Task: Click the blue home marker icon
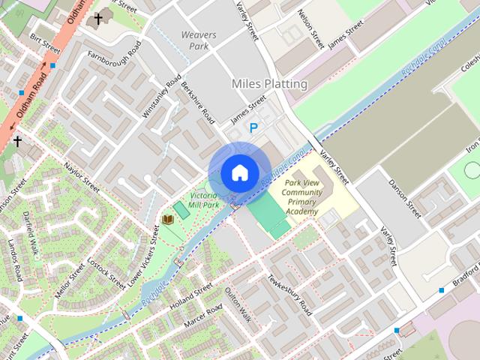click(239, 172)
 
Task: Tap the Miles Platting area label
click(269, 84)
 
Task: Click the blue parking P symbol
click(253, 128)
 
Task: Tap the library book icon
click(168, 219)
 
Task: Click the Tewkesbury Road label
click(289, 295)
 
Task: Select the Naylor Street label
click(82, 174)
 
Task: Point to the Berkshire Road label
click(199, 103)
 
